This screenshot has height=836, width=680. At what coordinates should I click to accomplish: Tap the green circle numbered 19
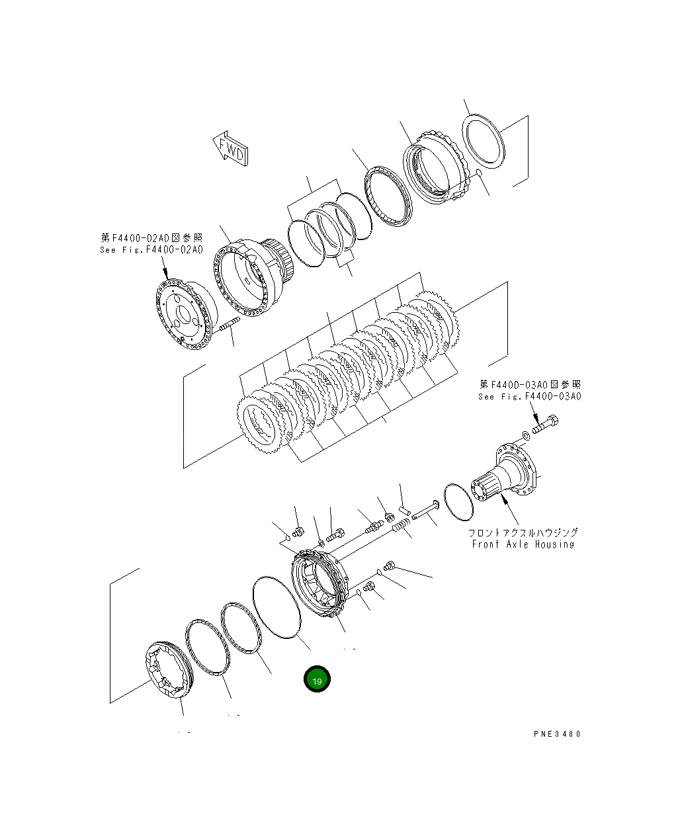317,680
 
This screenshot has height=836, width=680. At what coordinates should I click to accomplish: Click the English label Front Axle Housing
523,544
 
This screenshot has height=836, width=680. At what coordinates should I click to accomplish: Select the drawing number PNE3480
557,733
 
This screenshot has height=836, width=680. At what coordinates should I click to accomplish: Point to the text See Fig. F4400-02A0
151,250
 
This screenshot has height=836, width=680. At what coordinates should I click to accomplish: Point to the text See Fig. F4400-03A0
530,396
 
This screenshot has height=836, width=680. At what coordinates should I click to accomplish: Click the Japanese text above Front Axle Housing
523,532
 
